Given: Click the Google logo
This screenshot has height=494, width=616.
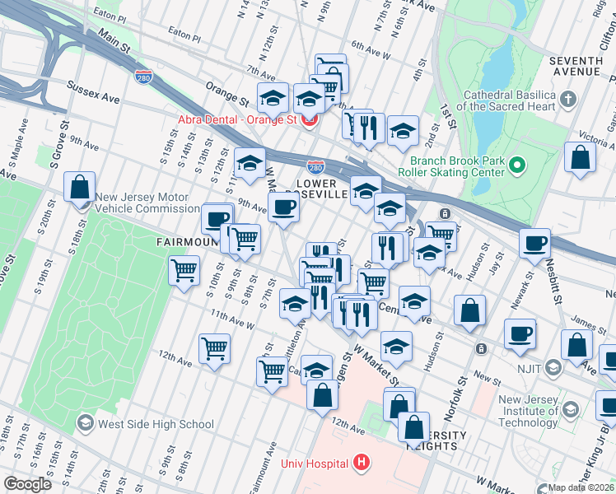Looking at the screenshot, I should (x=28, y=484).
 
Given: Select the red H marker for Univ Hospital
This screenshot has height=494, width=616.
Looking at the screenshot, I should (x=360, y=464).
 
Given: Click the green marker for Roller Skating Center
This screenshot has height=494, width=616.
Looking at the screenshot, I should (x=516, y=165).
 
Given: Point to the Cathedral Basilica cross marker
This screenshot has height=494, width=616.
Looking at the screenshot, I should (x=567, y=100).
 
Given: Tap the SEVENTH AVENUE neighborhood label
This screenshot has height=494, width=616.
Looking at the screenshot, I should (x=576, y=67).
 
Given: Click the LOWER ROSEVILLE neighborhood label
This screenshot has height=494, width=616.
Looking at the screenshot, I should (x=333, y=189).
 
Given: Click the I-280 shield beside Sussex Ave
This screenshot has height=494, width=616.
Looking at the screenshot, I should (x=142, y=77).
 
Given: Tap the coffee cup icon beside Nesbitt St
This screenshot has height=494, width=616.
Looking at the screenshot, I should (x=534, y=243).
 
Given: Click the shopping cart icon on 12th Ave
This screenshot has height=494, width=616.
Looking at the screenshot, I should (x=214, y=348).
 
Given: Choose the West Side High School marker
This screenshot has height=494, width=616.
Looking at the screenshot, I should (x=85, y=424).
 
